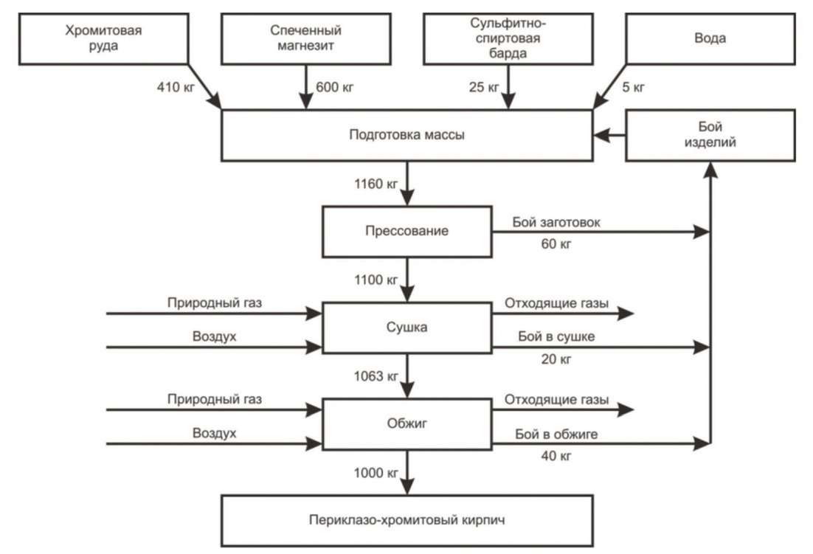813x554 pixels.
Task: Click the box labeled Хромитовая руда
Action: (104, 39)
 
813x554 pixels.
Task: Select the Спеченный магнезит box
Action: (306, 39)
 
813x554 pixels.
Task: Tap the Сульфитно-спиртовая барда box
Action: (508, 39)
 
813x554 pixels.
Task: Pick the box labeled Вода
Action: (710, 39)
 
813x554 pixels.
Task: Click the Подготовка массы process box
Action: (407, 135)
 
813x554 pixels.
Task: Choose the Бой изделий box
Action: (710, 135)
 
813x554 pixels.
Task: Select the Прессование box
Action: (407, 232)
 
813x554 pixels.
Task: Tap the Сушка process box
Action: (407, 328)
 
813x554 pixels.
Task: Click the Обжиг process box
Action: (407, 424)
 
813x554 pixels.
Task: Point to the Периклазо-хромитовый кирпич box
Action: (407, 520)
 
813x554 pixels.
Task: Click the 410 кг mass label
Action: (176, 87)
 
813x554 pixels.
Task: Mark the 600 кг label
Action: (334, 87)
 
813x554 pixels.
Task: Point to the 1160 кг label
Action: (376, 184)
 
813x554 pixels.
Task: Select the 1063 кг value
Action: (376, 376)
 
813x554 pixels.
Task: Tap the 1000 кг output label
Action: (376, 473)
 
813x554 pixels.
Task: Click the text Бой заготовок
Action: (556, 222)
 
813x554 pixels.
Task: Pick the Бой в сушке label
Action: (556, 337)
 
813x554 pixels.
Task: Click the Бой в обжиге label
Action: (556, 434)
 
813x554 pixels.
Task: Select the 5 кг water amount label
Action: (634, 87)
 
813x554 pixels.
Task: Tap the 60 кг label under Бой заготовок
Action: (556, 243)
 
